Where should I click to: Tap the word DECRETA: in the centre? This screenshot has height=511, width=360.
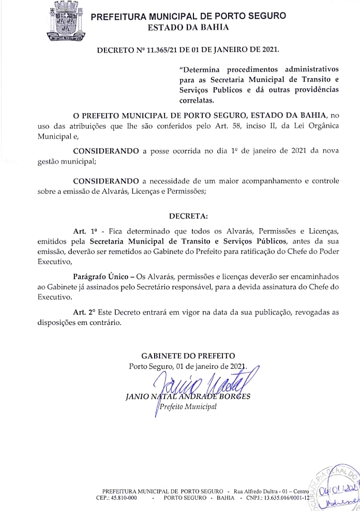188,215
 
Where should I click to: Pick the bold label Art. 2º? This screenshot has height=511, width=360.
84,313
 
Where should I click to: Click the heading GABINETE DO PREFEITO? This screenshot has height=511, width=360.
188,356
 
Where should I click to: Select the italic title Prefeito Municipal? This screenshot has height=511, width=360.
188,407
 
